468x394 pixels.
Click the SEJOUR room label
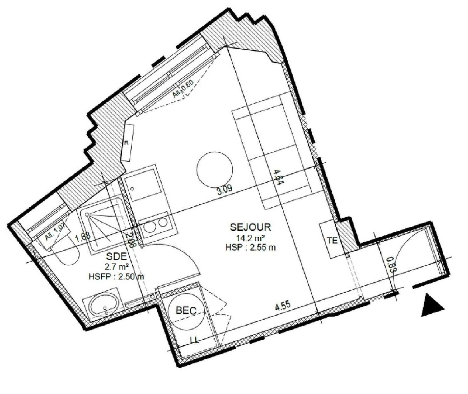[251, 226]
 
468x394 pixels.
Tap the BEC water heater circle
[186, 310]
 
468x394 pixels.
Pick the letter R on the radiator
[127, 143]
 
